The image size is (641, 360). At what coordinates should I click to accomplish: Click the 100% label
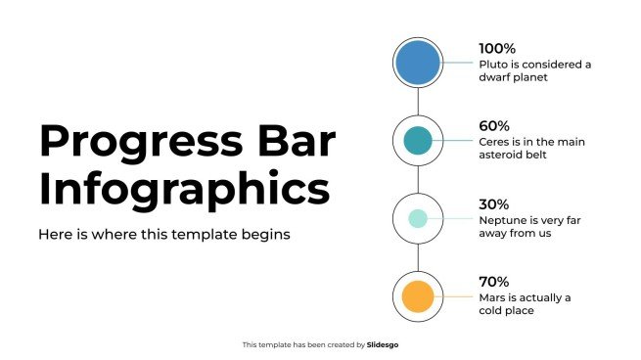497,48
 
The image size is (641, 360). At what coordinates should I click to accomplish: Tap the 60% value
494,126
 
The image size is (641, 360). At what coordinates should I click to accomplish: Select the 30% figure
494,204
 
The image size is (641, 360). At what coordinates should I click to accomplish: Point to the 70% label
494,282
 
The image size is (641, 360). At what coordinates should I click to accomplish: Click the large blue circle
418,63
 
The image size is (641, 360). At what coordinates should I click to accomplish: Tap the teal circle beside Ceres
418,140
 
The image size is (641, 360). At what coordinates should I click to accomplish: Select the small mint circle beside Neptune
418,218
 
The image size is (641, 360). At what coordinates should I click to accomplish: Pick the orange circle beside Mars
418,295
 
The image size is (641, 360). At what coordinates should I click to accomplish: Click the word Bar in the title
299,143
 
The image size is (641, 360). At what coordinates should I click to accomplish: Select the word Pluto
493,65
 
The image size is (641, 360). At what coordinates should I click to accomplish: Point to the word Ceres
495,142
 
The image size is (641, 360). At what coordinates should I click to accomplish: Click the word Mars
492,297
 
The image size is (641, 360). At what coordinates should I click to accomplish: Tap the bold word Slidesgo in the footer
383,344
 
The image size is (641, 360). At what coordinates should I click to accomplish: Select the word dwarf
495,77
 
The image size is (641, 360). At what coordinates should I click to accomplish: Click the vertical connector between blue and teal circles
418,102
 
